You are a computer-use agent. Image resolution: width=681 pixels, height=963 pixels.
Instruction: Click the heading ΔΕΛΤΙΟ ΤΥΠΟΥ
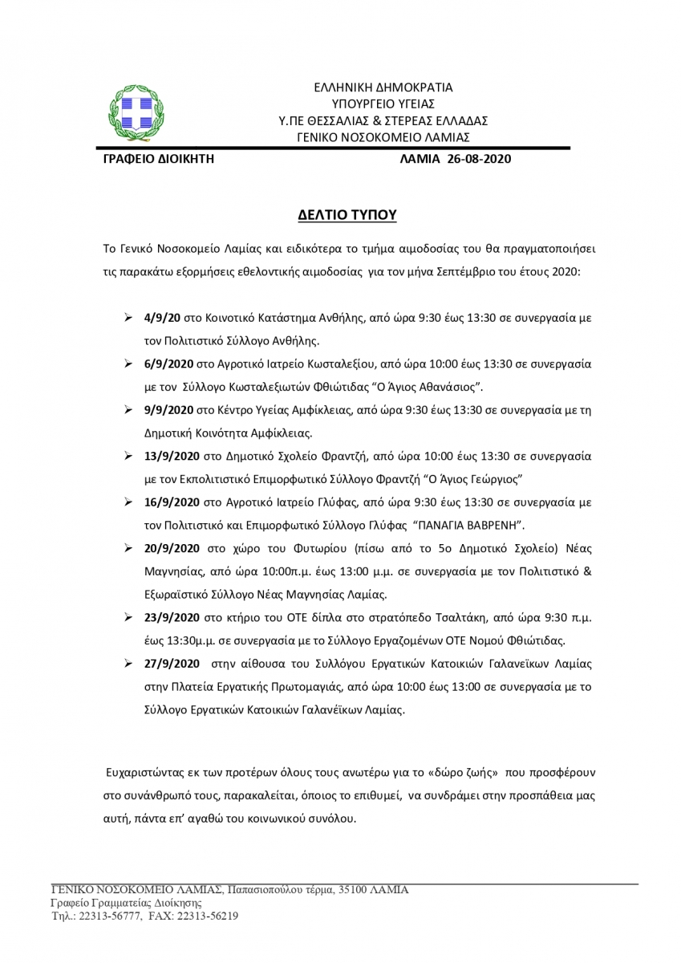(x=341, y=216)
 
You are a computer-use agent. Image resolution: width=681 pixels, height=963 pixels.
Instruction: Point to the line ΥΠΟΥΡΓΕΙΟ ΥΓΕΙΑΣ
(x=382, y=103)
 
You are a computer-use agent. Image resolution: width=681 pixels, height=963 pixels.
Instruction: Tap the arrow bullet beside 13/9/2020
(x=128, y=456)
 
